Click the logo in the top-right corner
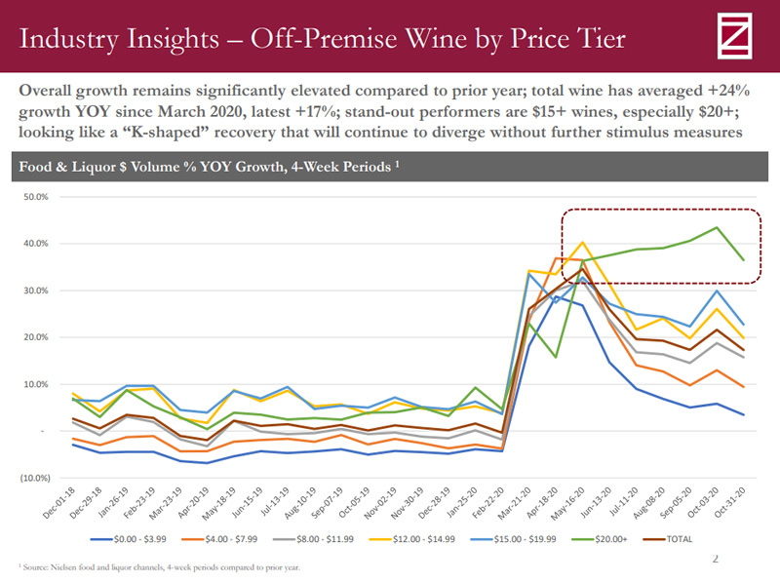click(738, 36)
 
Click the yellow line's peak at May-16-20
click(582, 243)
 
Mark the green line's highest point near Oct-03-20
click(718, 228)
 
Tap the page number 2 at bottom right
click(715, 559)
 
